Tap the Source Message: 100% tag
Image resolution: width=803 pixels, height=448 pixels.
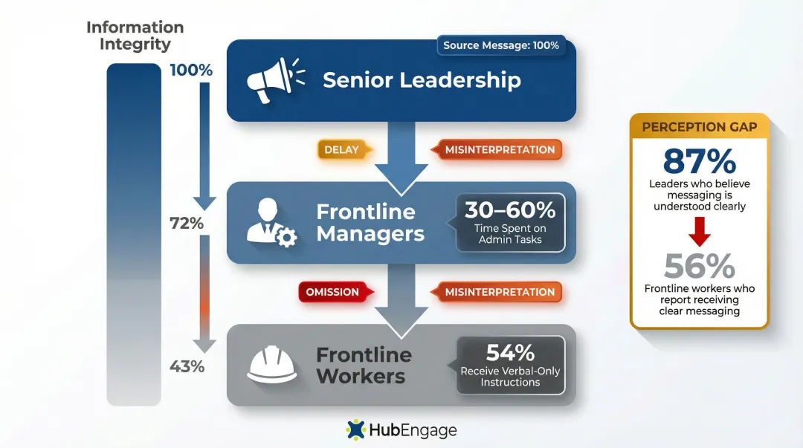pyautogui.click(x=500, y=45)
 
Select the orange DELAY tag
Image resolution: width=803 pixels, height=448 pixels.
pyautogui.click(x=341, y=149)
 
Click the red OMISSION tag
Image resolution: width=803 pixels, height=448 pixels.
pyautogui.click(x=332, y=292)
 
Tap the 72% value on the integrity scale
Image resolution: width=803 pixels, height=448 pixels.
pyautogui.click(x=186, y=223)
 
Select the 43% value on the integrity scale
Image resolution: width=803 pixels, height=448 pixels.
pyautogui.click(x=187, y=366)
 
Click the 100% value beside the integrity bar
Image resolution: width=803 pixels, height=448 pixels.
pyautogui.click(x=191, y=71)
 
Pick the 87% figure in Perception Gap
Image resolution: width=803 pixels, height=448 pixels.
pyautogui.click(x=699, y=161)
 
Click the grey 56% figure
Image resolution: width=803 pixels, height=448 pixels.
pyautogui.click(x=699, y=266)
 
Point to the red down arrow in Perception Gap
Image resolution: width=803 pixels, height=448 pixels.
pyautogui.click(x=699, y=235)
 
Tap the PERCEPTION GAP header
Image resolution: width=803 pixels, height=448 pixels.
pyautogui.click(x=699, y=126)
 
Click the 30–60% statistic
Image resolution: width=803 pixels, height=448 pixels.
pyautogui.click(x=510, y=210)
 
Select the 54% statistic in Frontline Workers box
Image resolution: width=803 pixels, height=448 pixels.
pyautogui.click(x=510, y=352)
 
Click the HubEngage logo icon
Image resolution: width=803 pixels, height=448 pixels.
pyautogui.click(x=357, y=429)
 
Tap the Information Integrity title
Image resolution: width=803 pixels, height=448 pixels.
pyautogui.click(x=135, y=36)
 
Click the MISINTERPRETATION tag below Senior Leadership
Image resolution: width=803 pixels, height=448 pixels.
pyautogui.click(x=500, y=149)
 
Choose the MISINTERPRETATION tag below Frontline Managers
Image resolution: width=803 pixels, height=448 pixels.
pyautogui.click(x=500, y=292)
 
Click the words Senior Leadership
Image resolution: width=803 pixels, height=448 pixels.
pyautogui.click(x=422, y=80)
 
